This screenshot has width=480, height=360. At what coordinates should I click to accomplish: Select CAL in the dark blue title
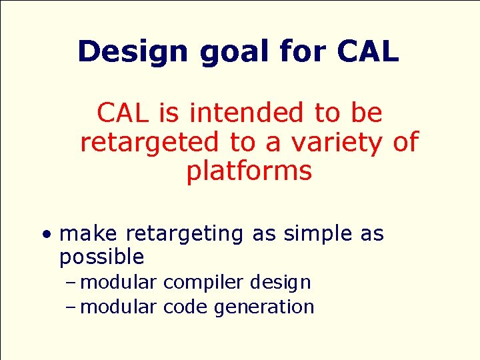click(367, 51)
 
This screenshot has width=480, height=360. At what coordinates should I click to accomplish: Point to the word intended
click(246, 113)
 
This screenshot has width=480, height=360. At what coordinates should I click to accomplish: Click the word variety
click(339, 142)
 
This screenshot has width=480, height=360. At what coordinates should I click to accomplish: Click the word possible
click(101, 257)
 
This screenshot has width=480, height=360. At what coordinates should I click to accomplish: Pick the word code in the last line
click(185, 307)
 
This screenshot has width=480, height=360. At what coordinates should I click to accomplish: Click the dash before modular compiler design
click(72, 283)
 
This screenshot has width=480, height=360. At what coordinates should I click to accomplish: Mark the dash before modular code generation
click(72, 307)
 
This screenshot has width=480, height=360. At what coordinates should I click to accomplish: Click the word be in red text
click(366, 113)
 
